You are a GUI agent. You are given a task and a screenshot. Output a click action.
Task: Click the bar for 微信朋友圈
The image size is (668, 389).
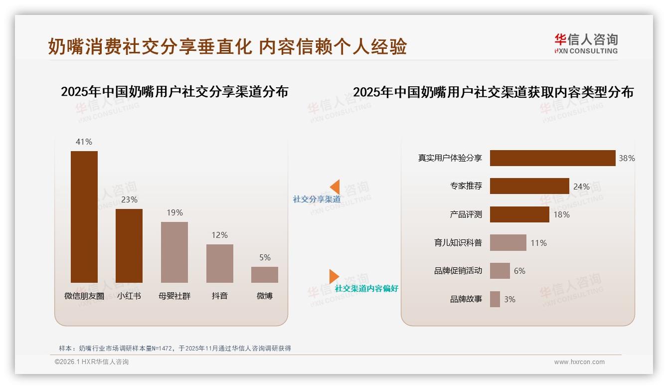[84, 217]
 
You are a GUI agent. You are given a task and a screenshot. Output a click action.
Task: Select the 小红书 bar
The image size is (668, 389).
[129, 245]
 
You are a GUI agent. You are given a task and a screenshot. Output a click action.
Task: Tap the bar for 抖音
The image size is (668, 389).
[220, 263]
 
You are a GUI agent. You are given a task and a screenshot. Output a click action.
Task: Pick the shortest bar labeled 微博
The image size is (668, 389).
[265, 275]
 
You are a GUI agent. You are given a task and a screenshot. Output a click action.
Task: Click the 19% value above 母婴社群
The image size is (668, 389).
[174, 212]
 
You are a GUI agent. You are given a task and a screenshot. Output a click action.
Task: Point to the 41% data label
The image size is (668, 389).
[84, 142]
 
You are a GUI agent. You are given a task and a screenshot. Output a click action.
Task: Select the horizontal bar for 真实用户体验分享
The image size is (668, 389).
[552, 158]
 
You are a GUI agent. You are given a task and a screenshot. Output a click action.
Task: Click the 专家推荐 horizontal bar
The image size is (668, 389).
[529, 186]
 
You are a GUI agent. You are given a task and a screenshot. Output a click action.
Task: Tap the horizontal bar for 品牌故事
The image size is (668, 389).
[495, 299]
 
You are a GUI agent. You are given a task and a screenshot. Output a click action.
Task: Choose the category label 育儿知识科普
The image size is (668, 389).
[458, 243]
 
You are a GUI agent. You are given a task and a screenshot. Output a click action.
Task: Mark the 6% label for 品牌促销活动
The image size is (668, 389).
[519, 271]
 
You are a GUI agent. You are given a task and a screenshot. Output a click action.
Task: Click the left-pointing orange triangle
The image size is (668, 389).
[335, 187]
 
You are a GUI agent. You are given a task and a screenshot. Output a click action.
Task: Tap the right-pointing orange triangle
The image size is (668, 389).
[334, 276]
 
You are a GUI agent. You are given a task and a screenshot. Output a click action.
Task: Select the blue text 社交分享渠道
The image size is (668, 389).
[317, 199]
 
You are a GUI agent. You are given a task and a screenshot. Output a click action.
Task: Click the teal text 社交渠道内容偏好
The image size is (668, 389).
[366, 288]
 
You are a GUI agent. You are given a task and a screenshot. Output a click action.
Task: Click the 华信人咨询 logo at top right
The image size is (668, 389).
[586, 43]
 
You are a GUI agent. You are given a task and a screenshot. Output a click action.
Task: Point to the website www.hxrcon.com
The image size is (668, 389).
[579, 362]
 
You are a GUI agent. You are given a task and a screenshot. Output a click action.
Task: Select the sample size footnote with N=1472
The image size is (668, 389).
[174, 348]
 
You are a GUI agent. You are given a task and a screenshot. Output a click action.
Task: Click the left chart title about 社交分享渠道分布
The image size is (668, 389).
[174, 92]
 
